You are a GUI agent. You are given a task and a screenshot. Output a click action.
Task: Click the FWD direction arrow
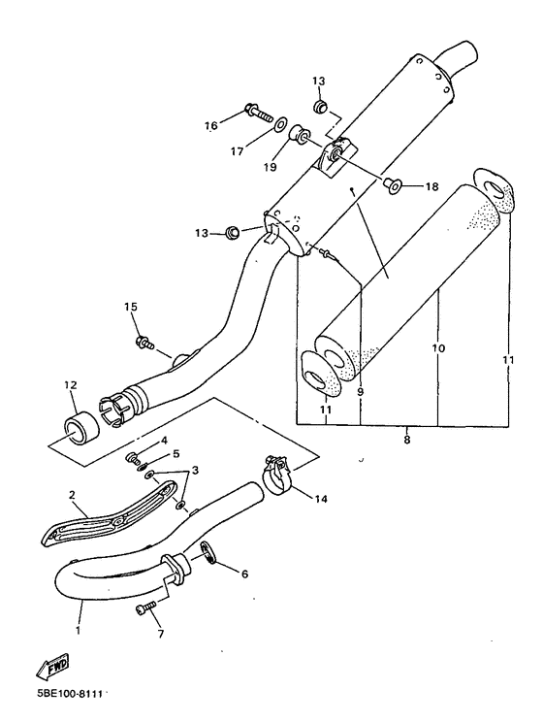(x=53, y=667)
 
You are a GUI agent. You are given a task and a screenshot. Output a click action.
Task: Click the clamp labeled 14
(x=277, y=476)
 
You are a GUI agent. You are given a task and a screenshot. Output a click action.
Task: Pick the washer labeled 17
(x=279, y=124)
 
